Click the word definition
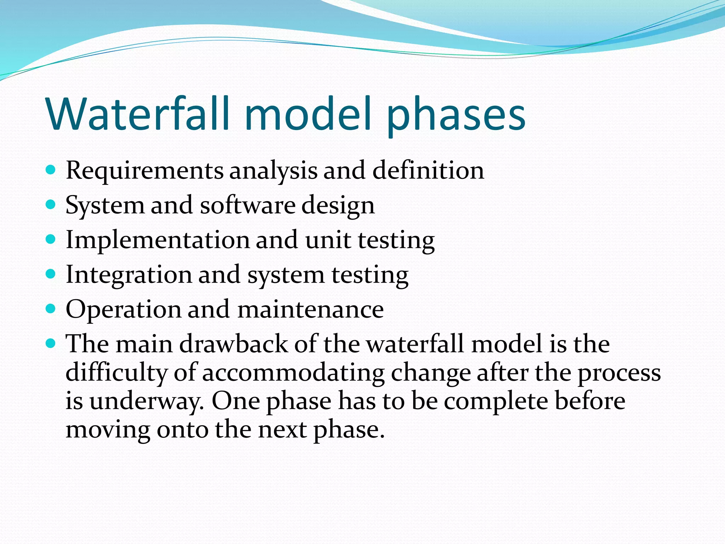pyautogui.click(x=428, y=170)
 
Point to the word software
pyautogui.click(x=247, y=205)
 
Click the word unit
pyautogui.click(x=328, y=240)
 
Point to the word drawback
pyautogui.click(x=233, y=344)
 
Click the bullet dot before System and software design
pyautogui.click(x=51, y=205)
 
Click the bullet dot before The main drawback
pyautogui.click(x=51, y=343)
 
